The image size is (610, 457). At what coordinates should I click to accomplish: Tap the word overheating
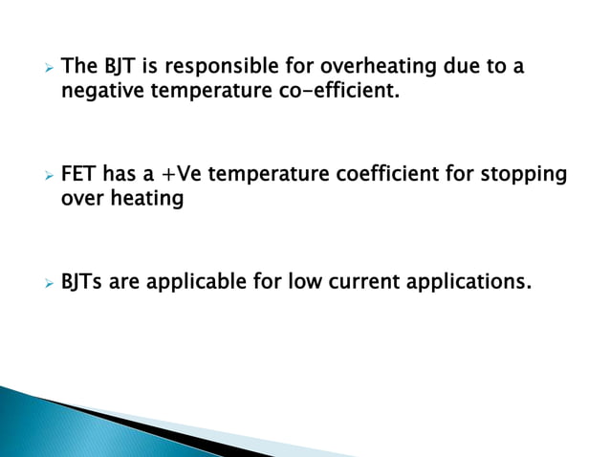376,69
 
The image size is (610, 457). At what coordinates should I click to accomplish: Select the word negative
98,95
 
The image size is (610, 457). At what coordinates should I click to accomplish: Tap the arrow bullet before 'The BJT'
41,69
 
